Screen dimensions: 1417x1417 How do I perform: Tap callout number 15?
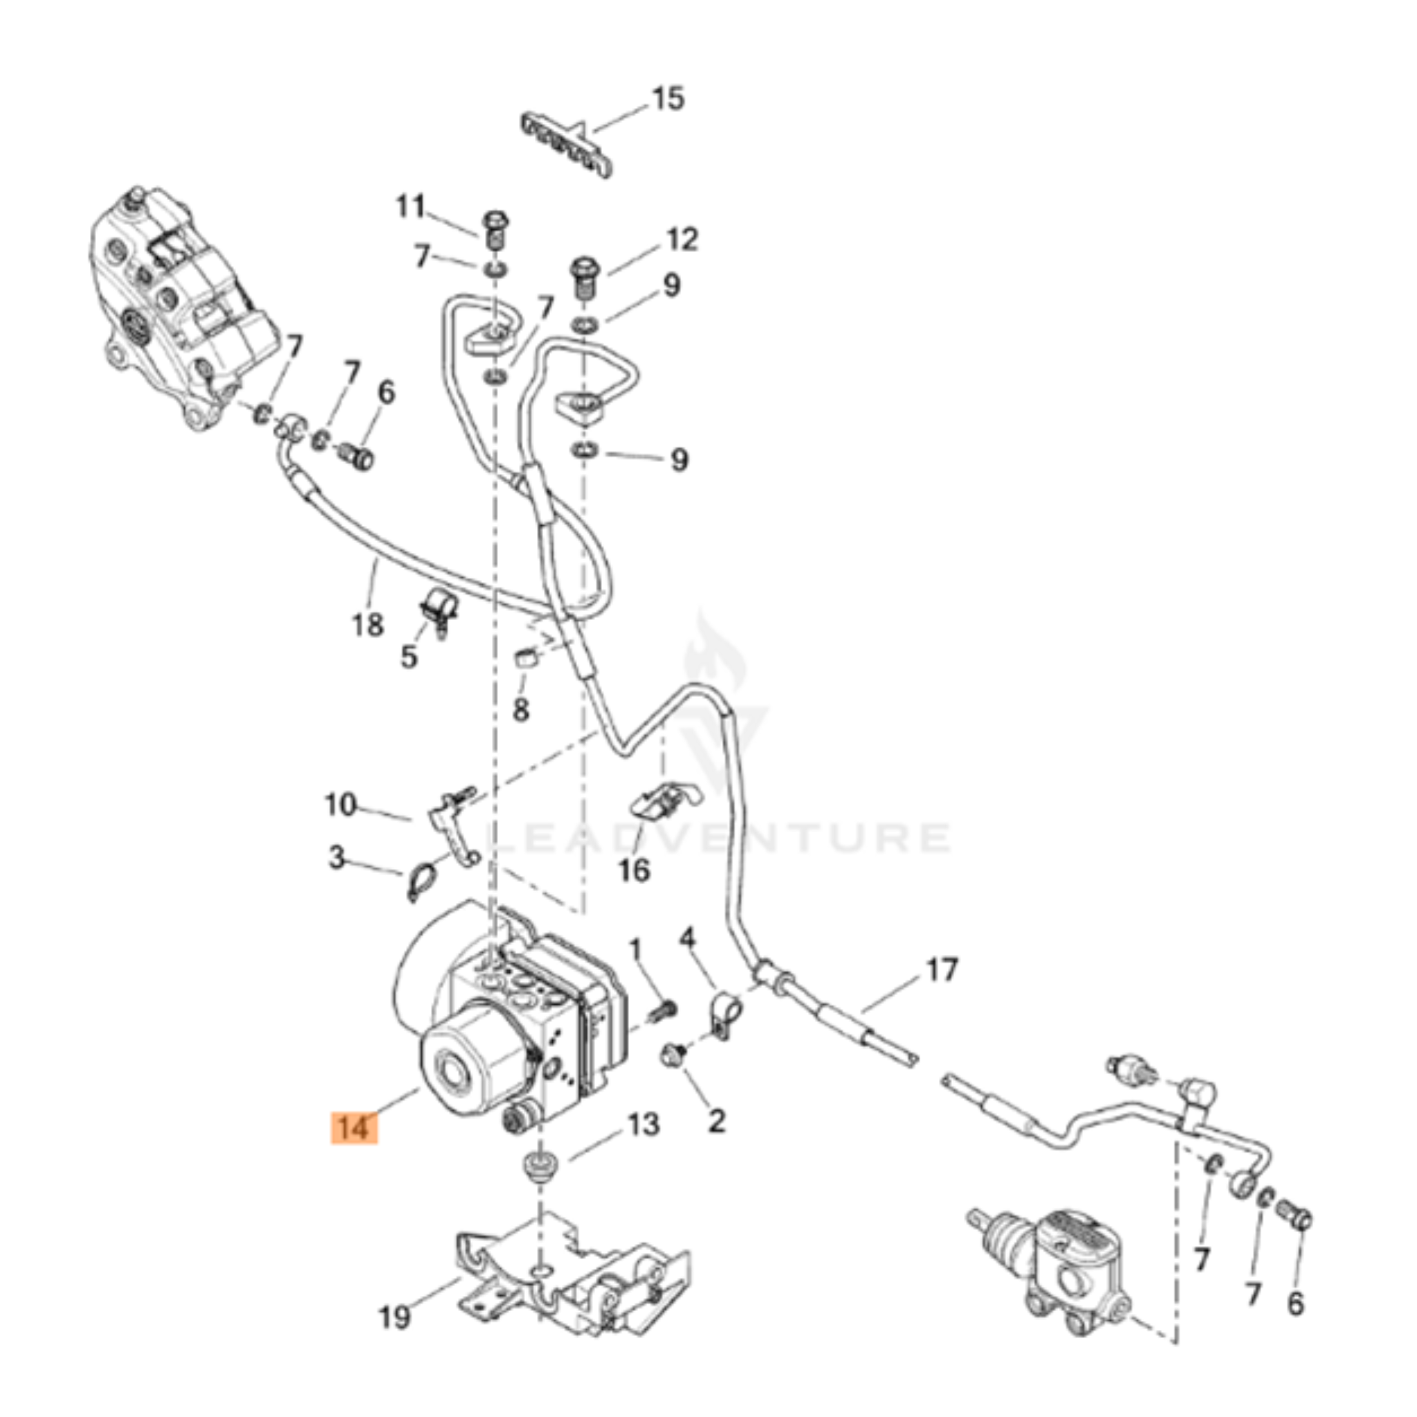click(x=668, y=99)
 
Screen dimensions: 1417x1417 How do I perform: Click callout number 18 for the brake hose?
click(x=367, y=625)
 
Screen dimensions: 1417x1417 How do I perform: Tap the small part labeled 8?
click(x=525, y=657)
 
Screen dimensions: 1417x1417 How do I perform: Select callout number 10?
click(x=340, y=805)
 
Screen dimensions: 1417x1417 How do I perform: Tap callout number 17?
click(x=942, y=970)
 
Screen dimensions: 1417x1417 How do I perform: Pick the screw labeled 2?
click(x=673, y=1056)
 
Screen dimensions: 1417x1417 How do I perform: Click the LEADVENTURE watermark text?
click(x=719, y=838)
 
